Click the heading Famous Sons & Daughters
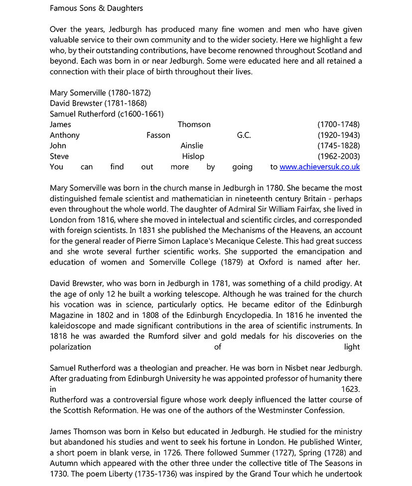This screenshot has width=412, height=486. click(x=96, y=8)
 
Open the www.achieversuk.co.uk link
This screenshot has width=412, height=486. click(x=319, y=167)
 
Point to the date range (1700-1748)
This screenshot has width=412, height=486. click(x=338, y=124)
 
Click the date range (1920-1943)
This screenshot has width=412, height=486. click(x=338, y=135)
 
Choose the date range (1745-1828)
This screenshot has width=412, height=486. click(x=338, y=145)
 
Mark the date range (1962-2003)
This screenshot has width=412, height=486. click(x=338, y=156)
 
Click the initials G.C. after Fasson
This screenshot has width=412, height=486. click(x=244, y=135)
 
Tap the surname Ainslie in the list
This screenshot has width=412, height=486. click(x=192, y=145)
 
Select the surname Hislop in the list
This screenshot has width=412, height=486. click(x=193, y=156)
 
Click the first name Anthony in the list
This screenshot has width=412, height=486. click(x=65, y=135)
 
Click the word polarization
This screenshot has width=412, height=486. click(x=70, y=347)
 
